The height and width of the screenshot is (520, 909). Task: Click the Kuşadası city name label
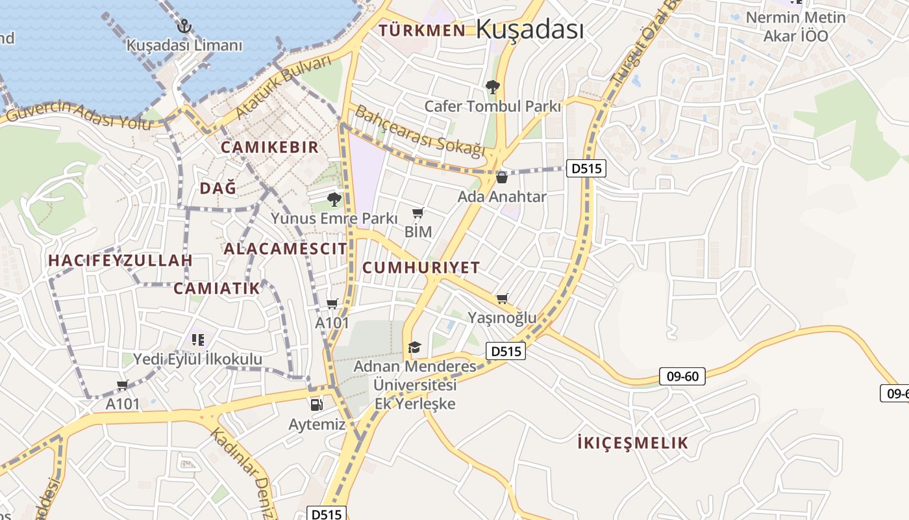pos(530,29)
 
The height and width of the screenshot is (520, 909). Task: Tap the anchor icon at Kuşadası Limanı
pos(184,27)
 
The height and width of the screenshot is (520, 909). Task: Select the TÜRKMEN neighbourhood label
pos(422,30)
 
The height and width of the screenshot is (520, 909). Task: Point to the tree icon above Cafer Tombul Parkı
pos(493,86)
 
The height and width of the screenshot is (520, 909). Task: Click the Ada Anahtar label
pos(502,196)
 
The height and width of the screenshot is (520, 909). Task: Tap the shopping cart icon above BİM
pos(418,213)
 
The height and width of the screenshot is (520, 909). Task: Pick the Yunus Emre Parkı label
pos(334,218)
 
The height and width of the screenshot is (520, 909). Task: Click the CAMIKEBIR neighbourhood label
pos(269,147)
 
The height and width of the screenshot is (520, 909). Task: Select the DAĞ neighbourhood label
pos(218,188)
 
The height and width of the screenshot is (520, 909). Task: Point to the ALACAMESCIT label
pos(285,248)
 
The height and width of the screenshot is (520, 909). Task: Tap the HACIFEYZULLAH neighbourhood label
pos(121,261)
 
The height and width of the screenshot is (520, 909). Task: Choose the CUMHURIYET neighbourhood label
pos(421,267)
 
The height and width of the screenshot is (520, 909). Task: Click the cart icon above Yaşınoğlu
pos(502,299)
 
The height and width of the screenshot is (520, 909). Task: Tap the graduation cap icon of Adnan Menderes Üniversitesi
pos(414,348)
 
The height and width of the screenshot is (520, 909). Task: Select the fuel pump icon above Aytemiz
pos(316,405)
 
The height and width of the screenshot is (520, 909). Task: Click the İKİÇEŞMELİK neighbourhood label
pos(632,443)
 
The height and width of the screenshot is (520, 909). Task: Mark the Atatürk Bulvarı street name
pos(283,88)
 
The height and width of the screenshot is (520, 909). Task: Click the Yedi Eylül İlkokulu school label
pos(197,359)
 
